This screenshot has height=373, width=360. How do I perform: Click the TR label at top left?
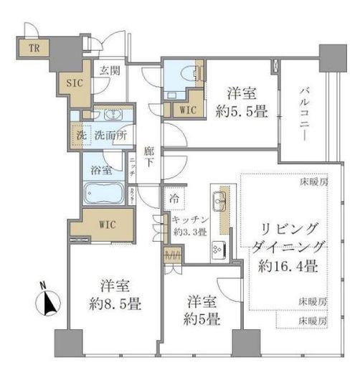point(34,49)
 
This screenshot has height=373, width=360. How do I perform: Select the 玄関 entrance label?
point(109,70)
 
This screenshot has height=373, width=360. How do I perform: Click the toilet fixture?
point(187,74)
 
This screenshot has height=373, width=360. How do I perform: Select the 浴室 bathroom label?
point(100,170)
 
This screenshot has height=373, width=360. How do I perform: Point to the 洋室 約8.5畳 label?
point(109,293)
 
